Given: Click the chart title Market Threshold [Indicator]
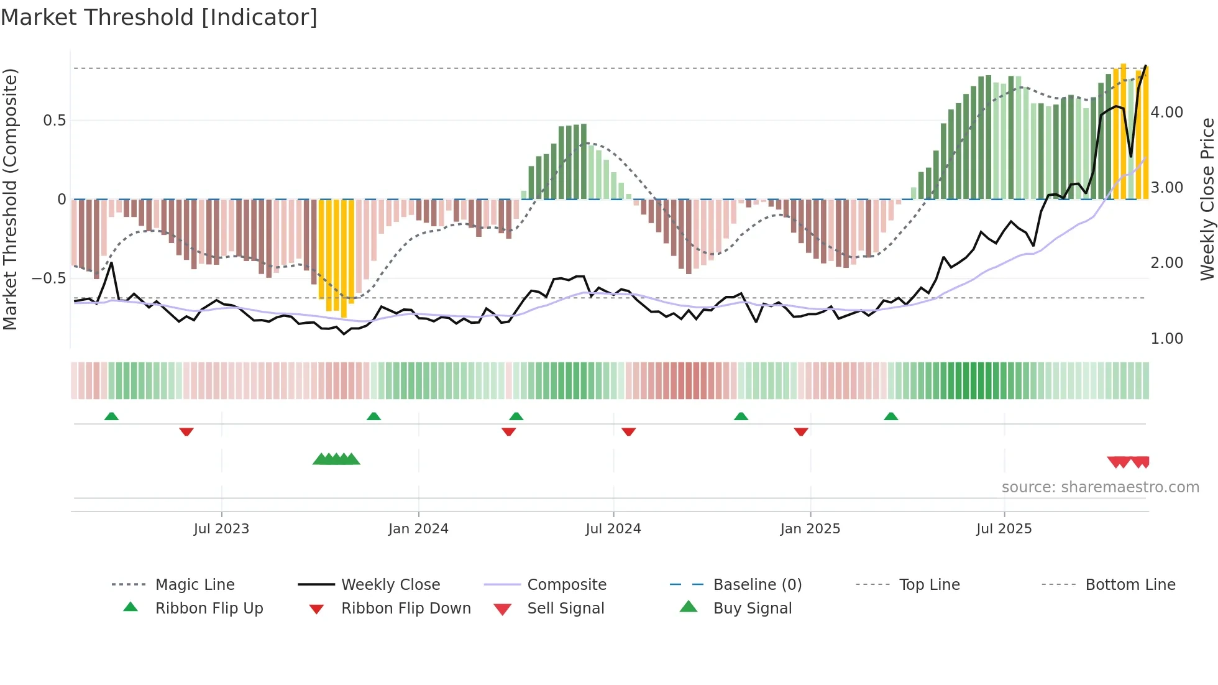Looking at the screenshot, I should (x=159, y=17).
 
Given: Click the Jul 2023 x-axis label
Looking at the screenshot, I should (x=221, y=529).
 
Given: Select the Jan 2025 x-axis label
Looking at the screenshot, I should (x=810, y=529).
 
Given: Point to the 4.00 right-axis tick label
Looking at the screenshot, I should (x=1166, y=113).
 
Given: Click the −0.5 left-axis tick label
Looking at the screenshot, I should (x=49, y=278).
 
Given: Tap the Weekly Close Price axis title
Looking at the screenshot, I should (x=1207, y=199).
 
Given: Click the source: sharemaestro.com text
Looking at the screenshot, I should (x=1100, y=487).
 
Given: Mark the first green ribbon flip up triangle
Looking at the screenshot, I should (x=111, y=416).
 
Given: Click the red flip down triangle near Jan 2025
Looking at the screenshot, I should (x=800, y=431).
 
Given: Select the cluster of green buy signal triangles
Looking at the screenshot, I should (x=336, y=459).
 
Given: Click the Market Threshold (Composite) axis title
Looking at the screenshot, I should (x=10, y=199).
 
